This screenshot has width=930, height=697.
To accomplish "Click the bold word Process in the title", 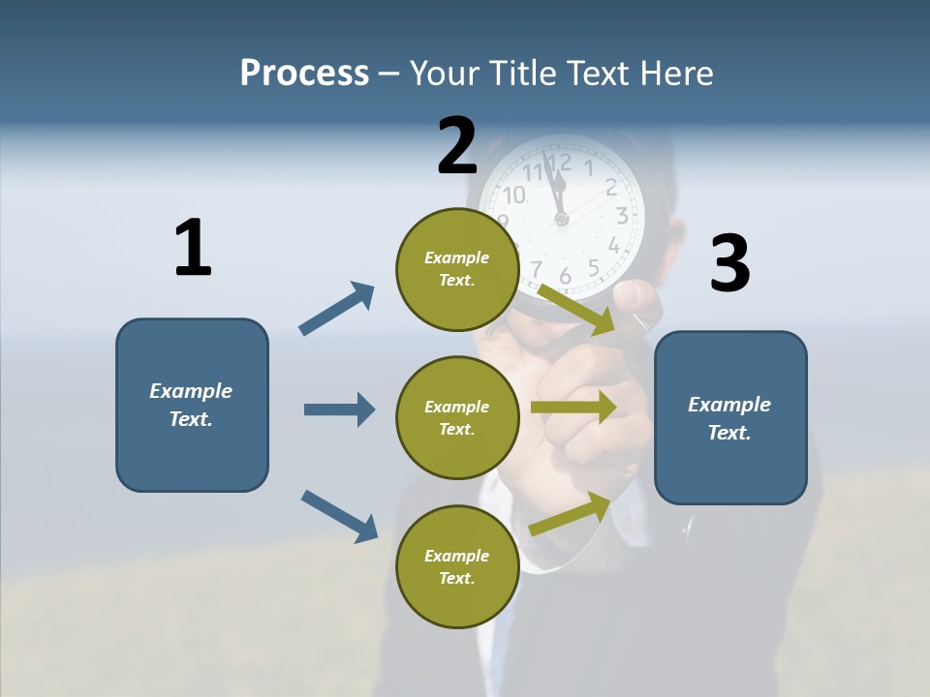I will tap(304, 74).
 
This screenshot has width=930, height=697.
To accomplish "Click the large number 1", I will tap(193, 249).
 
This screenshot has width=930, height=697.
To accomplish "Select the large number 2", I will tap(457, 146).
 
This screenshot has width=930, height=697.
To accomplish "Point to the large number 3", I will tap(729, 264).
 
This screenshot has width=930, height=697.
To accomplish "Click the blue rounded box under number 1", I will tap(192, 405).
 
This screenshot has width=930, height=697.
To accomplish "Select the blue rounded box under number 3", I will tap(730, 418).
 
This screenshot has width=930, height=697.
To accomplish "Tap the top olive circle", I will tap(456, 269).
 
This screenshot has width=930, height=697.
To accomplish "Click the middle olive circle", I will tap(456, 417).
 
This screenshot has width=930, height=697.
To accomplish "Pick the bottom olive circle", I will tap(456, 566).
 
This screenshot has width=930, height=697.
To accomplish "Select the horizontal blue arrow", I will tap(339, 409).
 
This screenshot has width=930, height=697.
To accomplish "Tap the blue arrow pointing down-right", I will tap(340, 516).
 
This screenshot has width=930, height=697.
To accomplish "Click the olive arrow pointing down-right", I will tap(577, 310).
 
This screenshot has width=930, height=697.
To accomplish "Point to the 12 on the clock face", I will tap(558, 162).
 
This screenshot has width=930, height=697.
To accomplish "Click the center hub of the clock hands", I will tap(561, 220).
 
